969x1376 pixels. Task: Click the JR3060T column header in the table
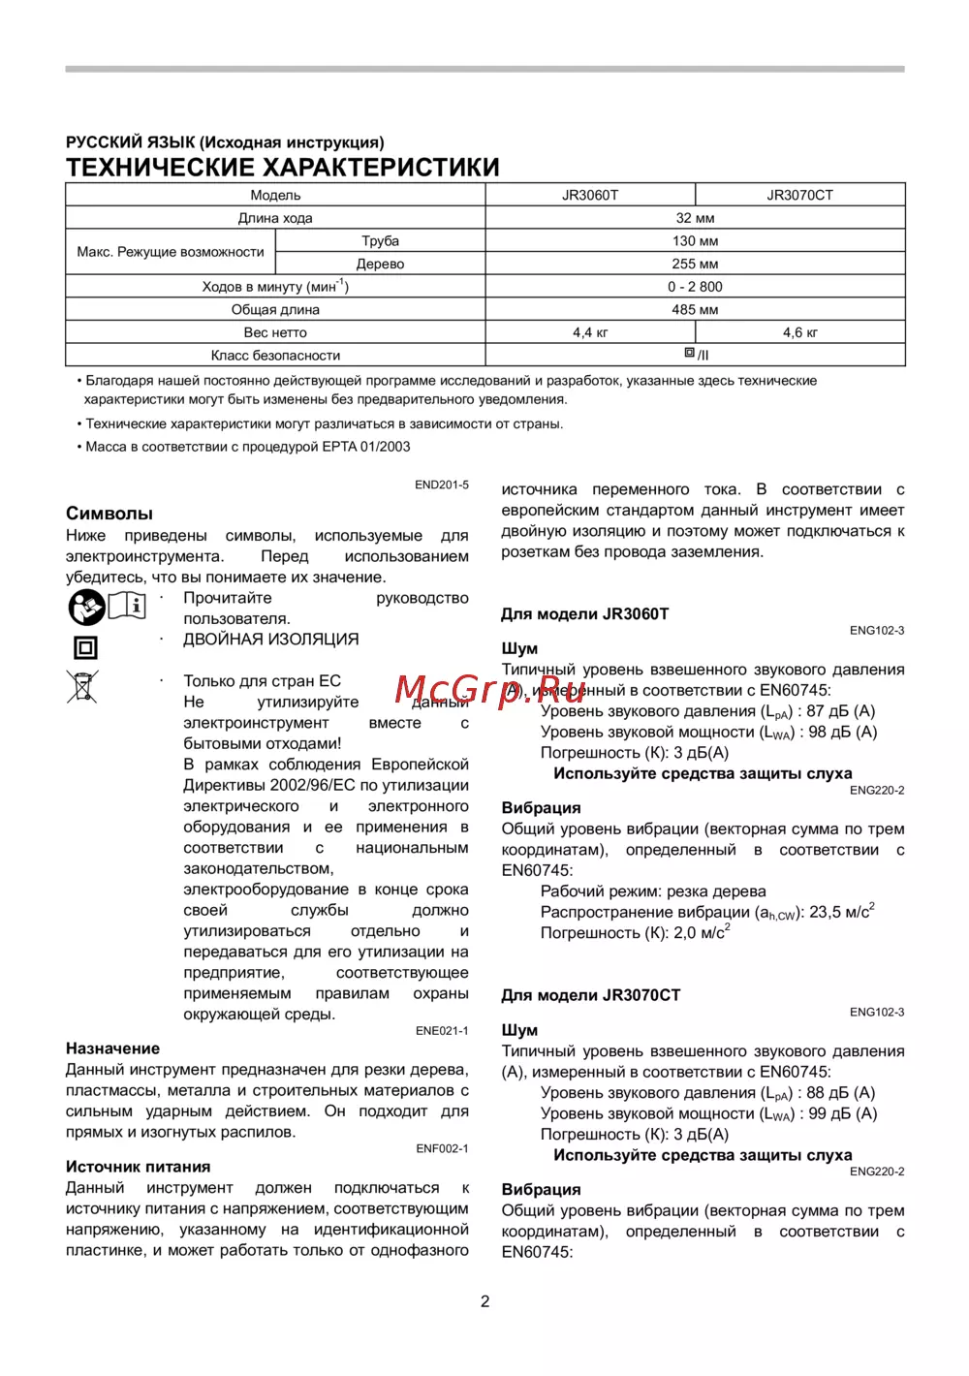(x=589, y=195)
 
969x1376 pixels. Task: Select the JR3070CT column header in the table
(x=799, y=195)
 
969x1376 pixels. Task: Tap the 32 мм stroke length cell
(x=695, y=218)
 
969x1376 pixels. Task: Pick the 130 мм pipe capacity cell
(x=695, y=240)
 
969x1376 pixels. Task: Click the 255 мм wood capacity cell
(x=695, y=264)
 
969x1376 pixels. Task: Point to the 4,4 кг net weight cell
(x=590, y=332)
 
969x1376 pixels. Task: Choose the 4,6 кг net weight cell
(x=799, y=332)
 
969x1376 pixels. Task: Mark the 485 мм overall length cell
(x=695, y=309)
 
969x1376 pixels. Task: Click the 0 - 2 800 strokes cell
(x=695, y=287)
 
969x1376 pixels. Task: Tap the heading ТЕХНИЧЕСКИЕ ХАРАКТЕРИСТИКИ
(x=283, y=168)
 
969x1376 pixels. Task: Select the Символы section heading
(x=109, y=514)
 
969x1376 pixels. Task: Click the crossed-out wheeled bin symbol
(x=83, y=687)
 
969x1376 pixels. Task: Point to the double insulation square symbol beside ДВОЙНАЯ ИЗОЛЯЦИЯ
(x=85, y=647)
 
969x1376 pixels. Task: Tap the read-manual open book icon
(x=127, y=606)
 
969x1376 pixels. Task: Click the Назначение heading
(x=112, y=1048)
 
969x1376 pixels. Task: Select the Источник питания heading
(x=138, y=1167)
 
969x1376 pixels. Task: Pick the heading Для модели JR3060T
(x=584, y=614)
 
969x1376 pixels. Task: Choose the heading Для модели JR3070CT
(x=590, y=995)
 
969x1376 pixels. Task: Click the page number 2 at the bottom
(x=485, y=1301)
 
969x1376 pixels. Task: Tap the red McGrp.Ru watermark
(x=490, y=690)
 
